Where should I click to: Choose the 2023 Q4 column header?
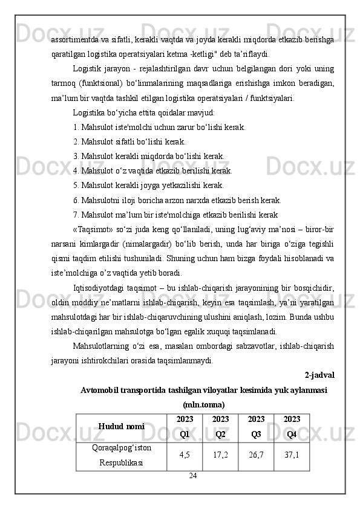pos(292,426)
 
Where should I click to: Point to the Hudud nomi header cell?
pos(121,426)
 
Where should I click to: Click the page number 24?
pos(192,477)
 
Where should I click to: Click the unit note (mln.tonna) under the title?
pos(204,404)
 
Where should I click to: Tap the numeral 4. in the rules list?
pos(76,171)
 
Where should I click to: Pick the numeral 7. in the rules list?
pos(76,215)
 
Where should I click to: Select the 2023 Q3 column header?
pos(256,426)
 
